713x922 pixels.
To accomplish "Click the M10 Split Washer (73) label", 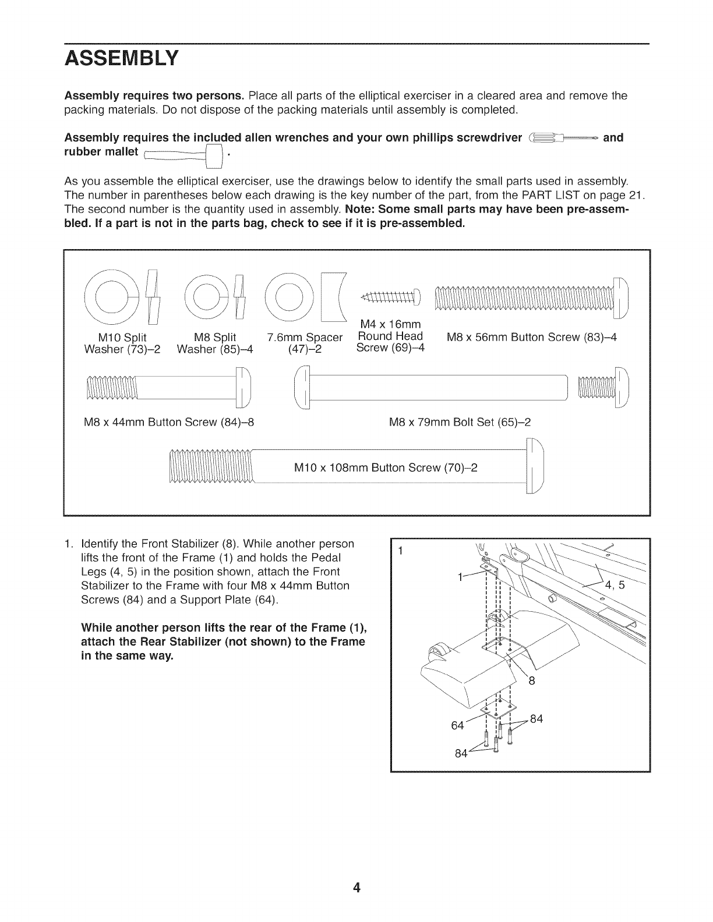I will coord(123,343).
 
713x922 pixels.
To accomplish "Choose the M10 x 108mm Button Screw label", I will coord(386,467).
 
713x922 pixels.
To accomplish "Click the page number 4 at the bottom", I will coord(356,888).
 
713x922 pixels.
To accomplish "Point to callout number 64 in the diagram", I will coord(458,725).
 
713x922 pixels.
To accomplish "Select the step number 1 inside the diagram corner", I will coord(400,551).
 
